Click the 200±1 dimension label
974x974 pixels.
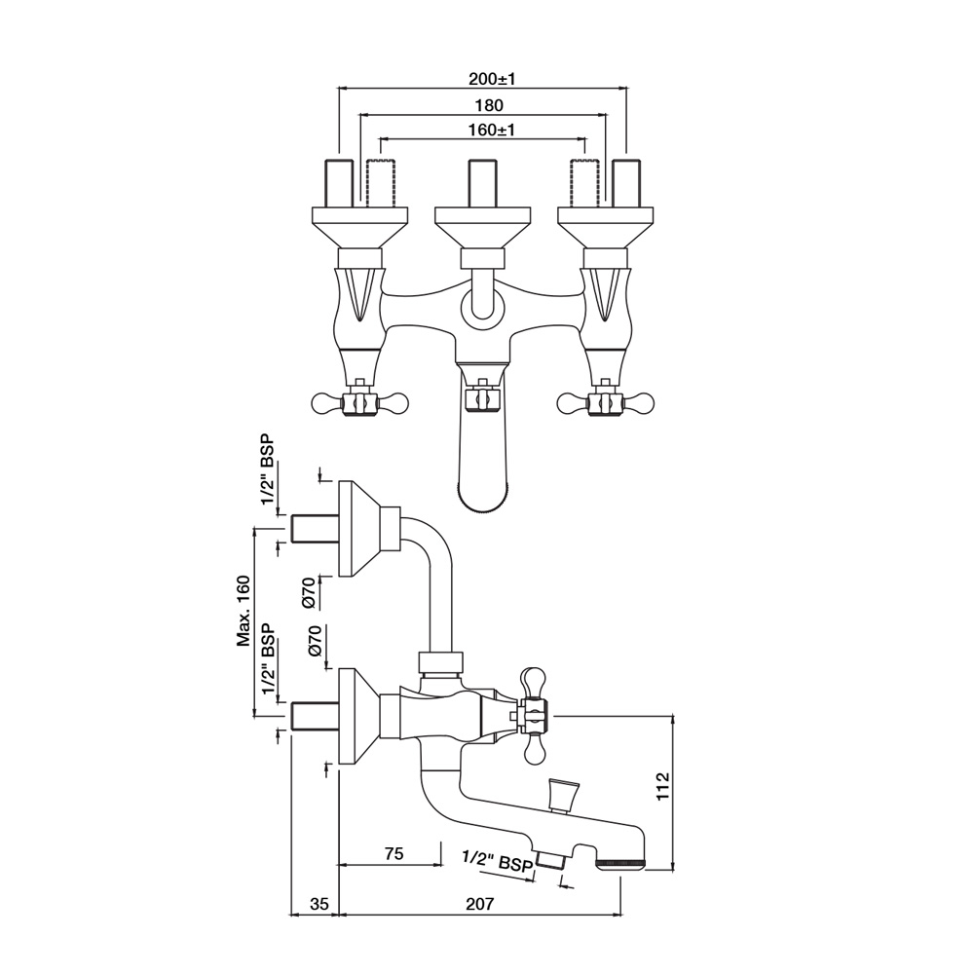(x=492, y=79)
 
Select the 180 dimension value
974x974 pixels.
(x=489, y=105)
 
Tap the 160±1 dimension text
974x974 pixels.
(x=492, y=130)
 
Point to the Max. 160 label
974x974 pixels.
(x=243, y=612)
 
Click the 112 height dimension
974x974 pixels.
(x=663, y=786)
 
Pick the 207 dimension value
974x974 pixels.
(x=479, y=904)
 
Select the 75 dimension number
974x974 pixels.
(x=393, y=853)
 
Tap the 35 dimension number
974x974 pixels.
(x=318, y=904)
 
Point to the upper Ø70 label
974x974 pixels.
(x=310, y=594)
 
